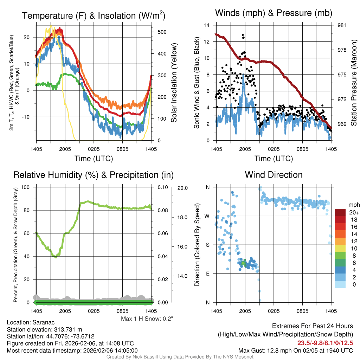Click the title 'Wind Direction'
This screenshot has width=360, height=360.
(x=274, y=175)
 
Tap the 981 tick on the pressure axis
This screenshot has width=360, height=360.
(x=342, y=25)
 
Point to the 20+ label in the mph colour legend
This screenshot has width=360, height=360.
(x=353, y=212)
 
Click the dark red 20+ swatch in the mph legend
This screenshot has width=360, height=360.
(x=340, y=212)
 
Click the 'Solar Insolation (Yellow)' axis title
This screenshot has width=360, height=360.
(x=174, y=83)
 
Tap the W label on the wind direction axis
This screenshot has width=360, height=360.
(x=207, y=216)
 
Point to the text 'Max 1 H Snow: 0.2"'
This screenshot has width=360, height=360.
(x=147, y=319)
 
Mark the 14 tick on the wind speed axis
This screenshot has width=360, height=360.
(x=207, y=25)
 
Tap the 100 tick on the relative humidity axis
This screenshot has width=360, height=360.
(x=27, y=187)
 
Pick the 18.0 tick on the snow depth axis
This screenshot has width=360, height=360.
(x=182, y=217)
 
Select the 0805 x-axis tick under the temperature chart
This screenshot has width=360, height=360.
(x=122, y=149)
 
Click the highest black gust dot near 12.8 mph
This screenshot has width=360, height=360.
(x=243, y=35)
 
